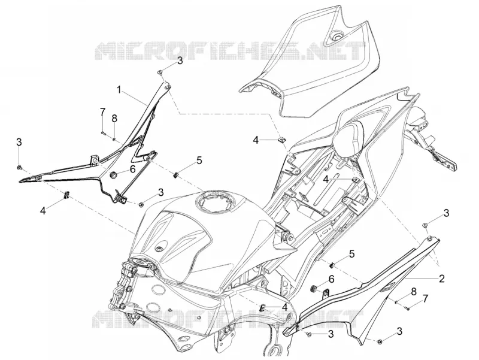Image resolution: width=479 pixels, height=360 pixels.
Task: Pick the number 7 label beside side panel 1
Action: pyautogui.click(x=102, y=112)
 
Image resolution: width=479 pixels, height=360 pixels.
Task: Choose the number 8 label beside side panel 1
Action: pyautogui.click(x=114, y=119)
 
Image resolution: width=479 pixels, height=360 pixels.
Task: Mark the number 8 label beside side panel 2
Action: pyautogui.click(x=414, y=291)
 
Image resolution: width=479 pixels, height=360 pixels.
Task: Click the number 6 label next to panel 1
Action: pyautogui.click(x=132, y=169)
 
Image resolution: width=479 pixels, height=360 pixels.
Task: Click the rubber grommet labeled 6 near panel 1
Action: pyautogui.click(x=114, y=176)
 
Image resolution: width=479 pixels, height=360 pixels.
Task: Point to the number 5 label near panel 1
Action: pyautogui.click(x=199, y=160)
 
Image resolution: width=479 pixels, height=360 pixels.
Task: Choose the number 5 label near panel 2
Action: pyautogui.click(x=352, y=253)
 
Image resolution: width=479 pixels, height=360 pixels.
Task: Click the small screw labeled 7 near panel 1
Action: pyautogui.click(x=102, y=132)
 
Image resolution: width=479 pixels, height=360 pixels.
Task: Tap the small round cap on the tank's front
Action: pyautogui.click(x=159, y=249)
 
